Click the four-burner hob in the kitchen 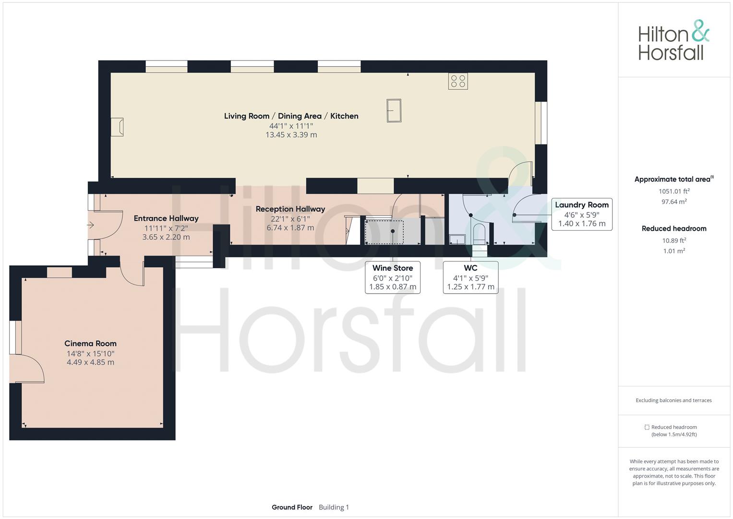click(x=458, y=81)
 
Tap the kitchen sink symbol click(x=394, y=111)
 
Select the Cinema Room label click(x=90, y=344)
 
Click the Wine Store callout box click(x=393, y=277)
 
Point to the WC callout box click(x=470, y=277)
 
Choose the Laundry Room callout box click(x=582, y=214)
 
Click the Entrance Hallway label click(x=166, y=218)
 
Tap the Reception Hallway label click(x=290, y=209)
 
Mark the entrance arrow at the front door click(x=90, y=225)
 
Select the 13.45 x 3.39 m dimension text click(x=291, y=135)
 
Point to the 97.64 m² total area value click(x=674, y=201)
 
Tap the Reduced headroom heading click(x=674, y=228)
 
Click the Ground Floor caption click(x=292, y=507)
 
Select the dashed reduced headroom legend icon click(x=647, y=427)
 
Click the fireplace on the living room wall click(x=117, y=127)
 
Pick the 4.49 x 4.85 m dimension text click(x=90, y=362)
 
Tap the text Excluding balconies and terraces click(x=674, y=400)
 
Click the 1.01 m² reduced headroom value click(x=674, y=251)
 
